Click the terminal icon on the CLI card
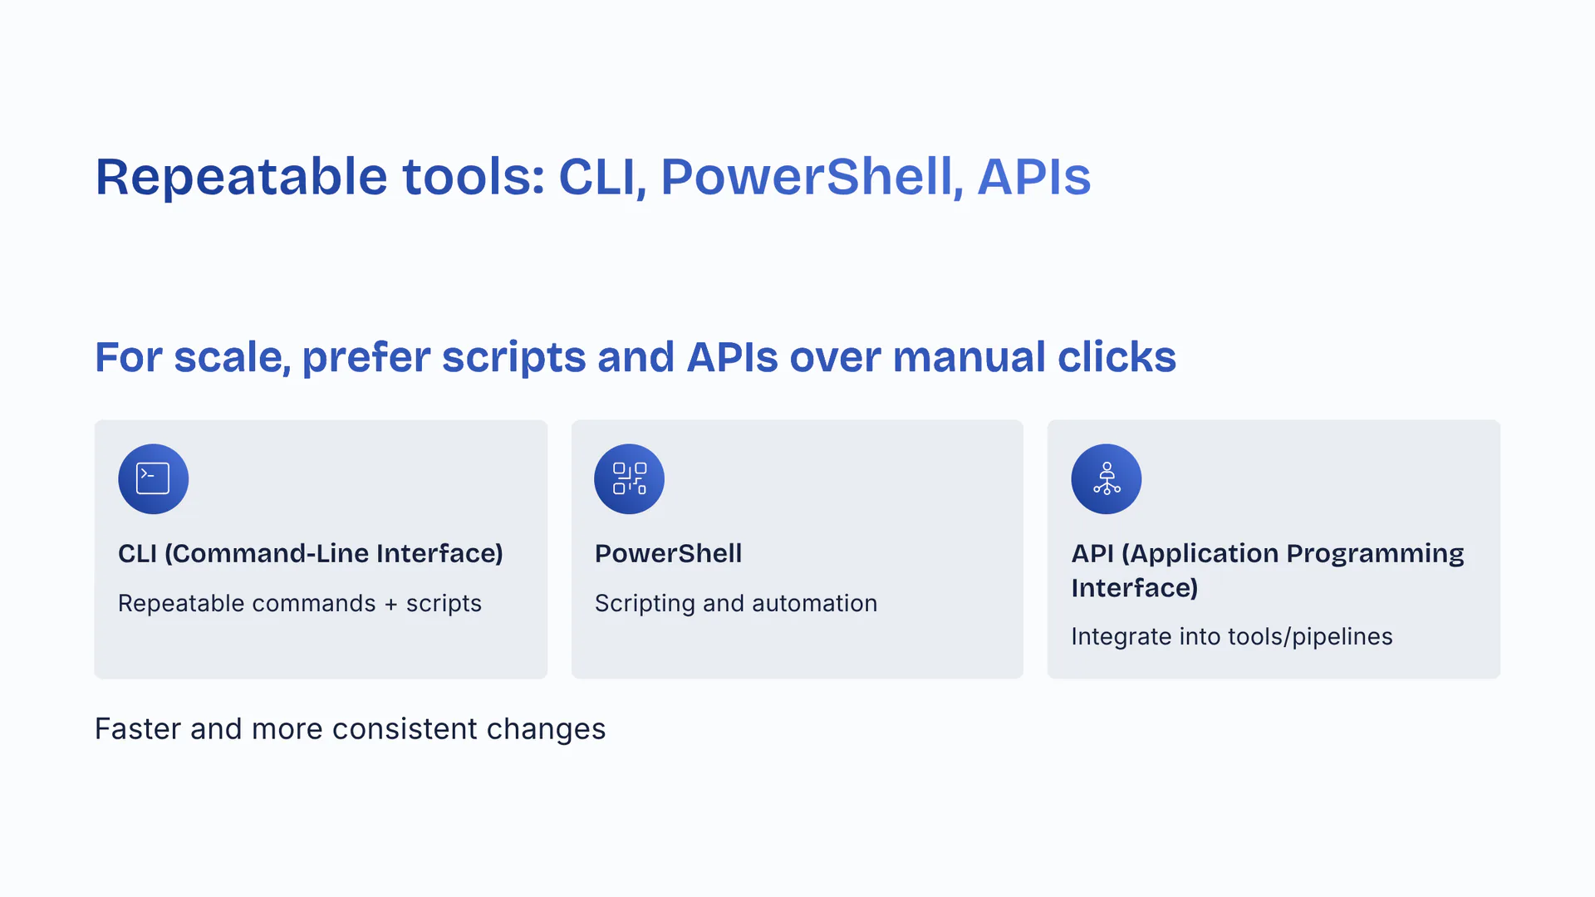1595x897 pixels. click(153, 478)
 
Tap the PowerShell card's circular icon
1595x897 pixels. click(629, 478)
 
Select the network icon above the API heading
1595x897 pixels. click(1106, 478)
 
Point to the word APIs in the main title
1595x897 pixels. click(1034, 177)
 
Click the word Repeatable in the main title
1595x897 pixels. click(242, 178)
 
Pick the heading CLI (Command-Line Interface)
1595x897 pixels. click(311, 554)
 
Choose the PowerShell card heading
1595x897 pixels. click(668, 554)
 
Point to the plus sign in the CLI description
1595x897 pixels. click(390, 605)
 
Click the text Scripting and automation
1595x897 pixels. click(736, 604)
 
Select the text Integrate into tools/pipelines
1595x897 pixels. click(1232, 637)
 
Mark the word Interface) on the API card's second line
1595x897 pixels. click(1135, 588)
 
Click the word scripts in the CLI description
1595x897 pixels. click(444, 605)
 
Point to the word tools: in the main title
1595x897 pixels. click(474, 177)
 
